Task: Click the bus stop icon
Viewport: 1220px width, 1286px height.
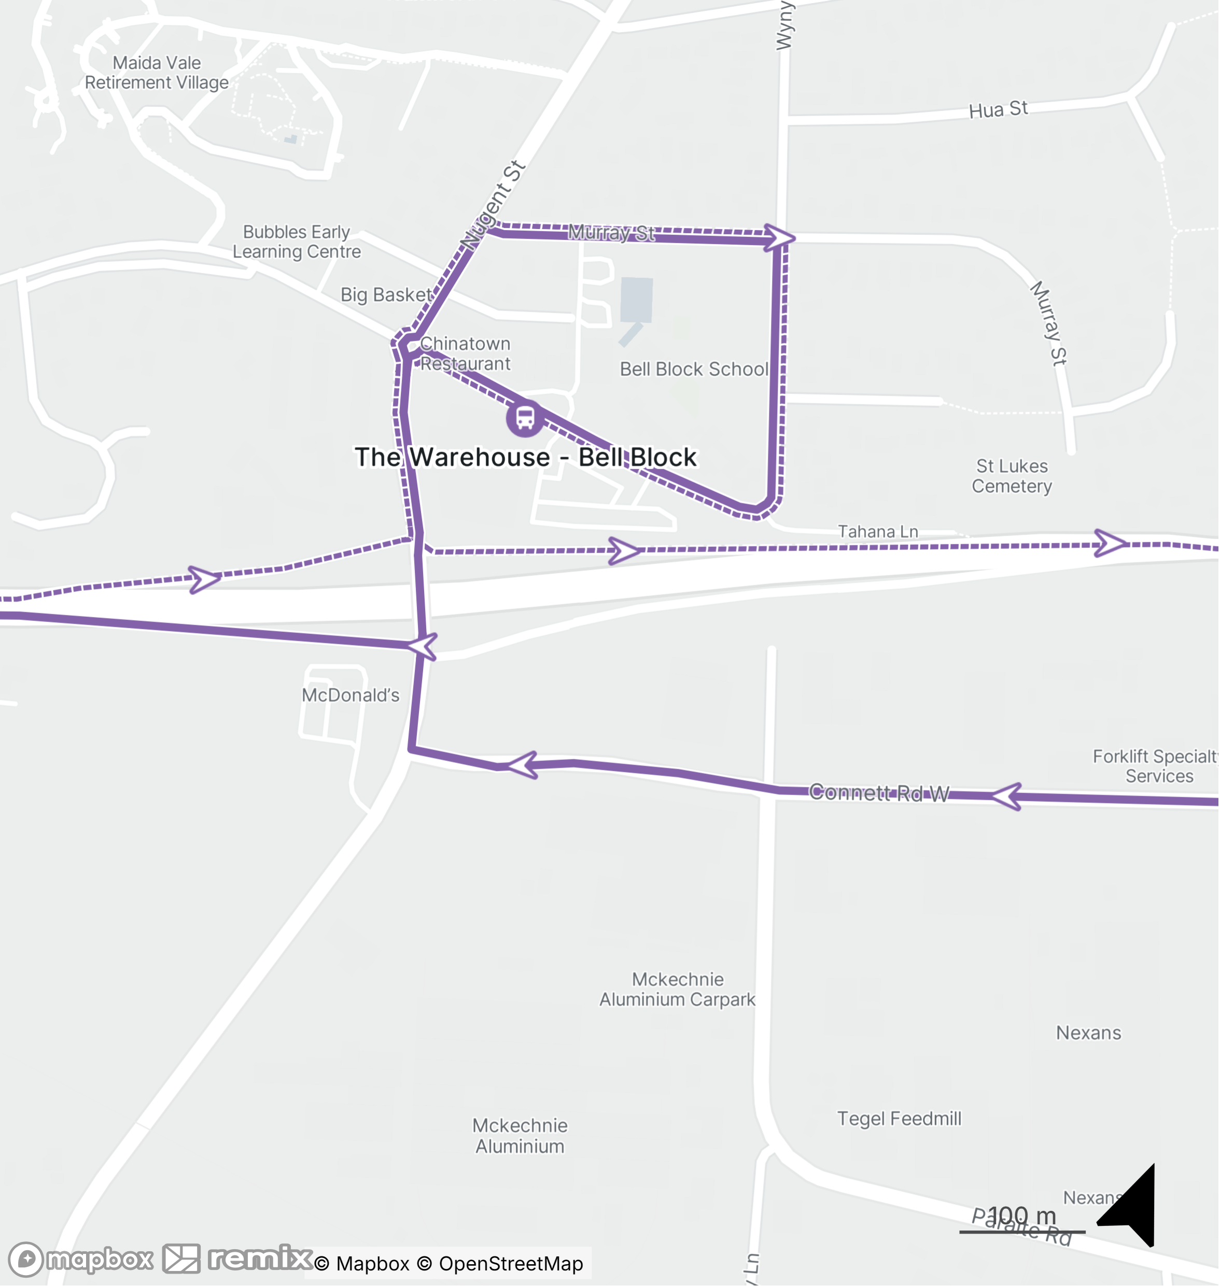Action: click(525, 418)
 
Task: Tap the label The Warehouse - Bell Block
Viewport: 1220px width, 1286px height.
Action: click(525, 457)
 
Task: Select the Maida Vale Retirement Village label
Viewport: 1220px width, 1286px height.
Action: click(157, 73)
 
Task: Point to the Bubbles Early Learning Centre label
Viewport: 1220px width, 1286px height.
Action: click(297, 242)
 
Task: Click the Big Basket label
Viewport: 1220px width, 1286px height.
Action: click(386, 295)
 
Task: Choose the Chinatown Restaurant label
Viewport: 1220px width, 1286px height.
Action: click(465, 354)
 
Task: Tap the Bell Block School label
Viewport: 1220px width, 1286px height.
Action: click(694, 369)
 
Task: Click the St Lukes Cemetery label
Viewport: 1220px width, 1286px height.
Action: click(1012, 476)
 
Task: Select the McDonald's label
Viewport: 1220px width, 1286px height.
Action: click(350, 695)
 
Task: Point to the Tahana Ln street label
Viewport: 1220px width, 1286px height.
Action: click(878, 532)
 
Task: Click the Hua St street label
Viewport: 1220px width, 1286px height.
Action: click(998, 110)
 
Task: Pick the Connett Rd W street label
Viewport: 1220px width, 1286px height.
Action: click(879, 793)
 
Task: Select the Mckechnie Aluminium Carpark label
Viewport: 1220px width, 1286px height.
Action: click(677, 990)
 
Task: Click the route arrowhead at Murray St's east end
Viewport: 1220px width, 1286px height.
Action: click(779, 237)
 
